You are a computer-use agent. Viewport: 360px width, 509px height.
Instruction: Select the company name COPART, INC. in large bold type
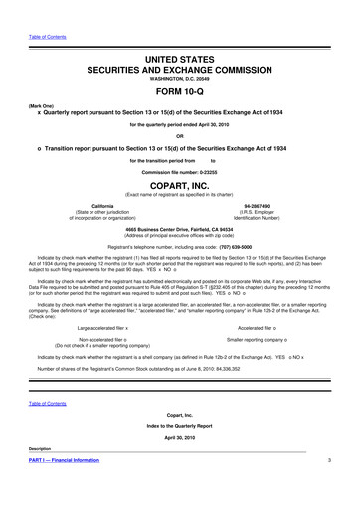point(180,185)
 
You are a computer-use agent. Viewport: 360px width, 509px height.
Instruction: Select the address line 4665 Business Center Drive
point(180,226)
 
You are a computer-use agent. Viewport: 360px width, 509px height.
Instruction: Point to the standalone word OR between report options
point(180,137)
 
